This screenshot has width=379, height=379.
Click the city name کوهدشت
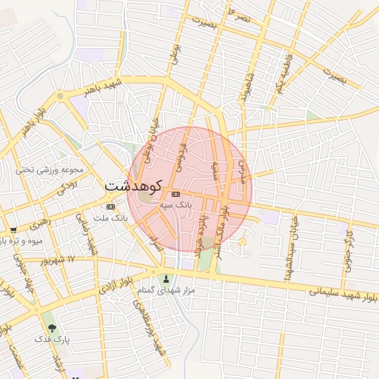pos(131,184)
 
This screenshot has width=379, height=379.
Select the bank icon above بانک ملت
pos(111,207)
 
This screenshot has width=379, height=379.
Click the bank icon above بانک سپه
pos(175,193)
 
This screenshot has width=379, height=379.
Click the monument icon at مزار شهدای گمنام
pos(166,280)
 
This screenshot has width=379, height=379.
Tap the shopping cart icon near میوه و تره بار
pos(13,230)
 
